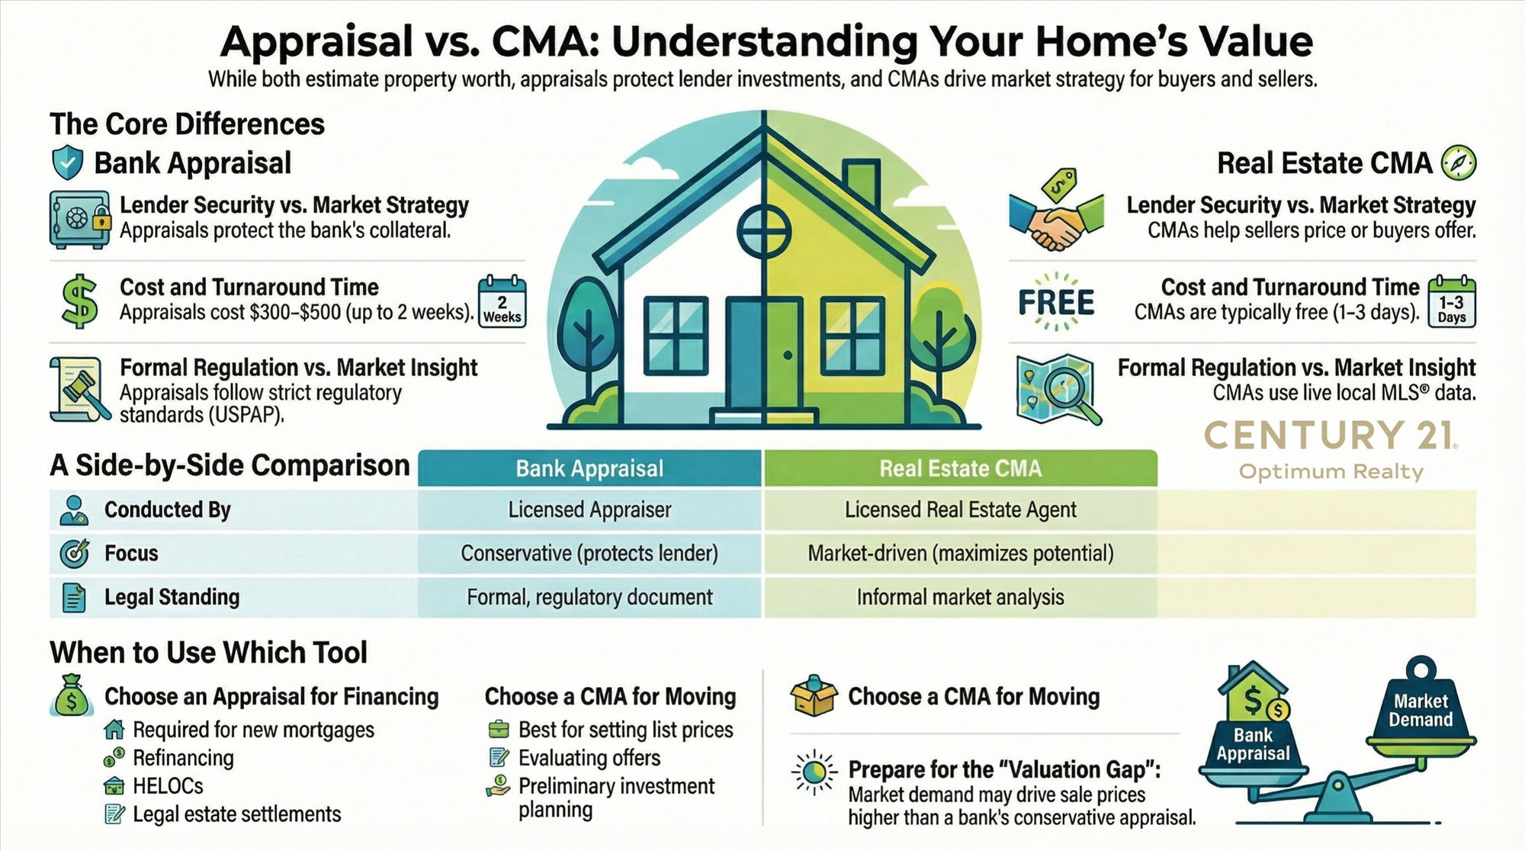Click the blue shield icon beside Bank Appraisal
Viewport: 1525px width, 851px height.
(67, 162)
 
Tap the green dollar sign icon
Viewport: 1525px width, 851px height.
(79, 301)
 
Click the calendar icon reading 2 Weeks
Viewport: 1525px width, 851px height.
(502, 303)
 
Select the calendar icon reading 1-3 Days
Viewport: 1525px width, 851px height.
(1452, 303)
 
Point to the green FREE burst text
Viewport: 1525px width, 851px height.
(1056, 302)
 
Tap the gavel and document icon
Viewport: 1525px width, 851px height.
(79, 389)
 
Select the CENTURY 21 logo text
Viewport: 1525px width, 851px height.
(1331, 436)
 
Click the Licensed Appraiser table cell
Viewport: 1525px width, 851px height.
(589, 509)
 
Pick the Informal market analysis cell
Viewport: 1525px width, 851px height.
(960, 597)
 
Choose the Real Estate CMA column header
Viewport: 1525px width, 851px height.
(960, 468)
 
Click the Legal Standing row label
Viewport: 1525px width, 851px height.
(172, 597)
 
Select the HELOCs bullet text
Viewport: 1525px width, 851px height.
(168, 786)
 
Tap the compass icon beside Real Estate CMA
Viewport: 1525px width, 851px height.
(1458, 162)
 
